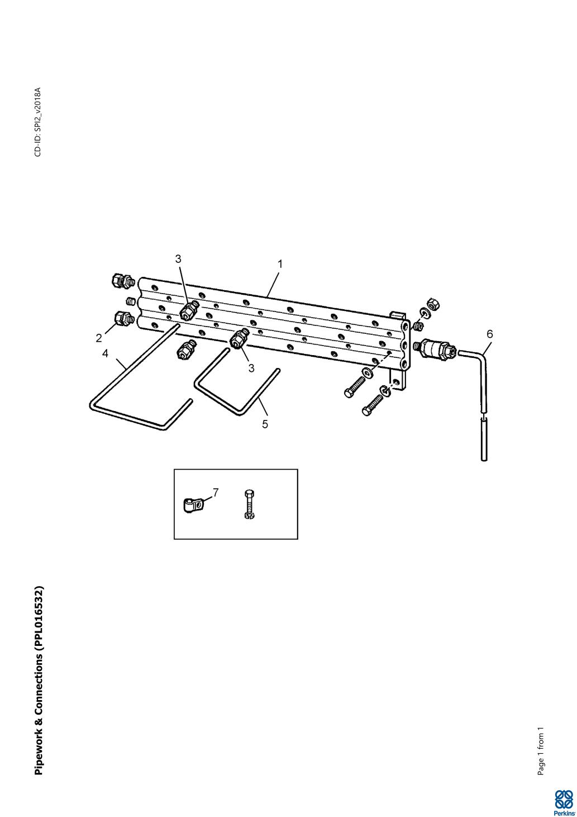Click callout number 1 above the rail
(280, 264)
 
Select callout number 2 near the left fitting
(99, 338)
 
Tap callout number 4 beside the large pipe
(105, 353)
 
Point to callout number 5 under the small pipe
(265, 424)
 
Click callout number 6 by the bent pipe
(489, 334)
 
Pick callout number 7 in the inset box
(216, 493)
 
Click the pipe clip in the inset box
(192, 507)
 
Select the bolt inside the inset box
(250, 504)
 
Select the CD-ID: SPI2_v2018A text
(38, 122)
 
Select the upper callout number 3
(178, 258)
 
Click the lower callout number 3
(251, 369)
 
